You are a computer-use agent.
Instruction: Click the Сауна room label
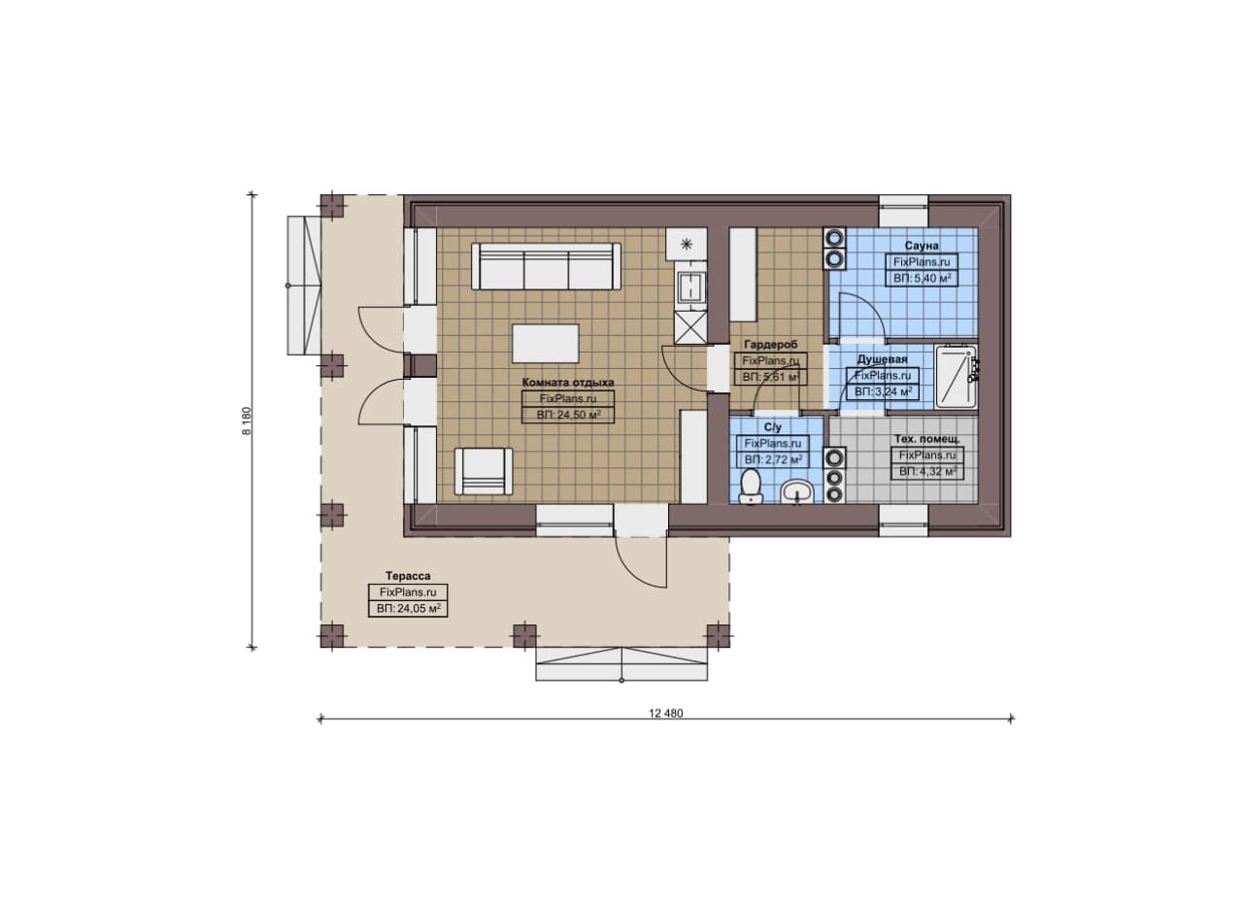(x=922, y=246)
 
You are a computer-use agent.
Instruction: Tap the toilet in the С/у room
(x=751, y=487)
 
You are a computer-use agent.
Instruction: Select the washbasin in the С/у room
(x=797, y=491)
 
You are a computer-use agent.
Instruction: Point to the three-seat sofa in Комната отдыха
(x=546, y=266)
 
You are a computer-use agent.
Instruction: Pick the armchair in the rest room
(x=484, y=471)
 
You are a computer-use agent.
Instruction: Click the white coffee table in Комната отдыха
(x=546, y=344)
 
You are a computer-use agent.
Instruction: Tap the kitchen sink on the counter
(x=690, y=287)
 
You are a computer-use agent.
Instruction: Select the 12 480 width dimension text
(x=666, y=713)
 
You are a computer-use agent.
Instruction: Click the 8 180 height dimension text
(x=247, y=421)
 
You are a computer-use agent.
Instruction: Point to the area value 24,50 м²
(x=569, y=415)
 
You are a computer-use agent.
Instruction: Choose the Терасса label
(x=408, y=576)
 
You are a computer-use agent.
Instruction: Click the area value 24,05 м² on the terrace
(x=409, y=608)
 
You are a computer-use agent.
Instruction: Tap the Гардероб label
(x=770, y=345)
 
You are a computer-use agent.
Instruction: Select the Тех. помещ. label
(x=926, y=439)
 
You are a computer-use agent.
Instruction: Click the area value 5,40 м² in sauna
(x=923, y=278)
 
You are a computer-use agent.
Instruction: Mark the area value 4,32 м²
(x=927, y=471)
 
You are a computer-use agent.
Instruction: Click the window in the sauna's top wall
(x=903, y=211)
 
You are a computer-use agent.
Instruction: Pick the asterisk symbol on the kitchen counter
(x=687, y=244)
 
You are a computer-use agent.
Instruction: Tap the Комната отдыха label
(x=568, y=383)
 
